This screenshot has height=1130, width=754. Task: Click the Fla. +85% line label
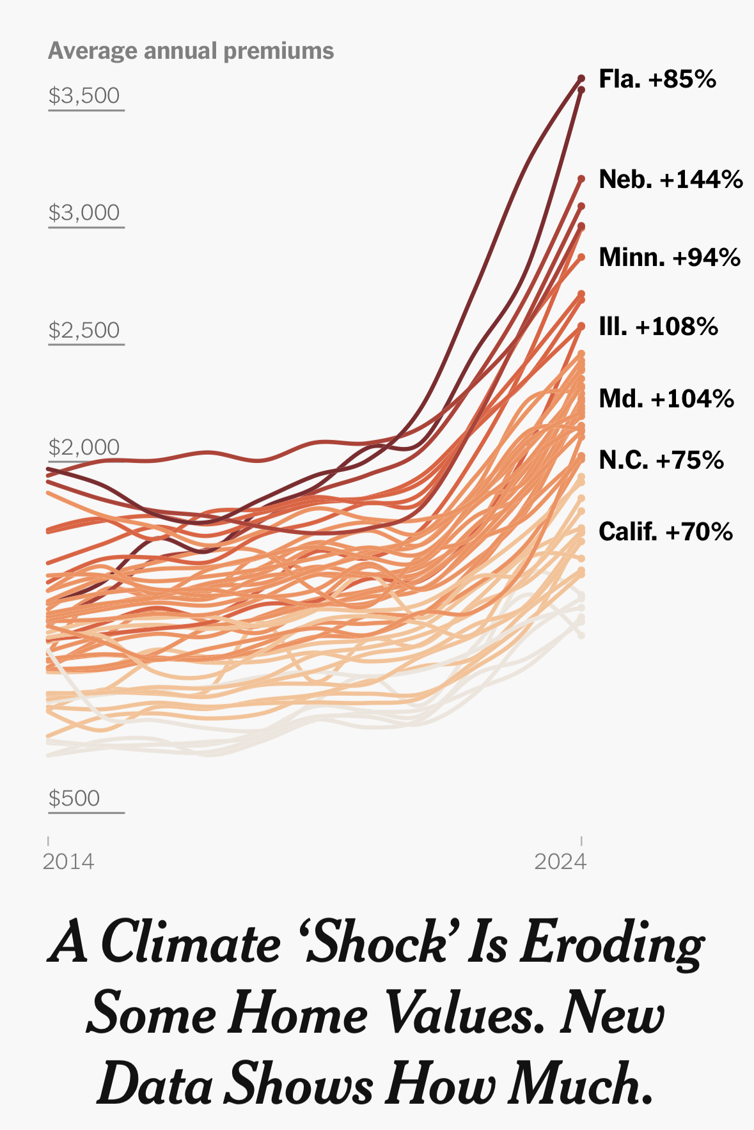(657, 79)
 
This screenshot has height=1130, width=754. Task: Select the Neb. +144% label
(670, 180)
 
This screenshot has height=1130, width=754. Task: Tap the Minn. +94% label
(669, 258)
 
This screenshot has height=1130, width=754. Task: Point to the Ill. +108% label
(658, 327)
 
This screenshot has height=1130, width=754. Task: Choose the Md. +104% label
(666, 399)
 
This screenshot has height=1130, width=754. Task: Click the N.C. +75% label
(661, 460)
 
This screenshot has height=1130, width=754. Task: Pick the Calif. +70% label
(665, 532)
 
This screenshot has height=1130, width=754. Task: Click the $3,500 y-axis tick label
(84, 96)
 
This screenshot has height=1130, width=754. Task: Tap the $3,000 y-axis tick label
(84, 213)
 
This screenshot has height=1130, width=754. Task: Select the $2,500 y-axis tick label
(84, 331)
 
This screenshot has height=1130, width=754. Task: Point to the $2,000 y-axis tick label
(84, 448)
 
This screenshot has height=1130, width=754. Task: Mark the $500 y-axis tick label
(74, 799)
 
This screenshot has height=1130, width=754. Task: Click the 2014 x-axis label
(68, 862)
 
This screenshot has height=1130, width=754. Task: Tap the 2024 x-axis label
(560, 862)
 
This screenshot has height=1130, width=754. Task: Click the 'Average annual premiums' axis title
(191, 51)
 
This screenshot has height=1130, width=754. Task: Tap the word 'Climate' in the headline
(190, 944)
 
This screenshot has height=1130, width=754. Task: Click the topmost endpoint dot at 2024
(581, 78)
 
